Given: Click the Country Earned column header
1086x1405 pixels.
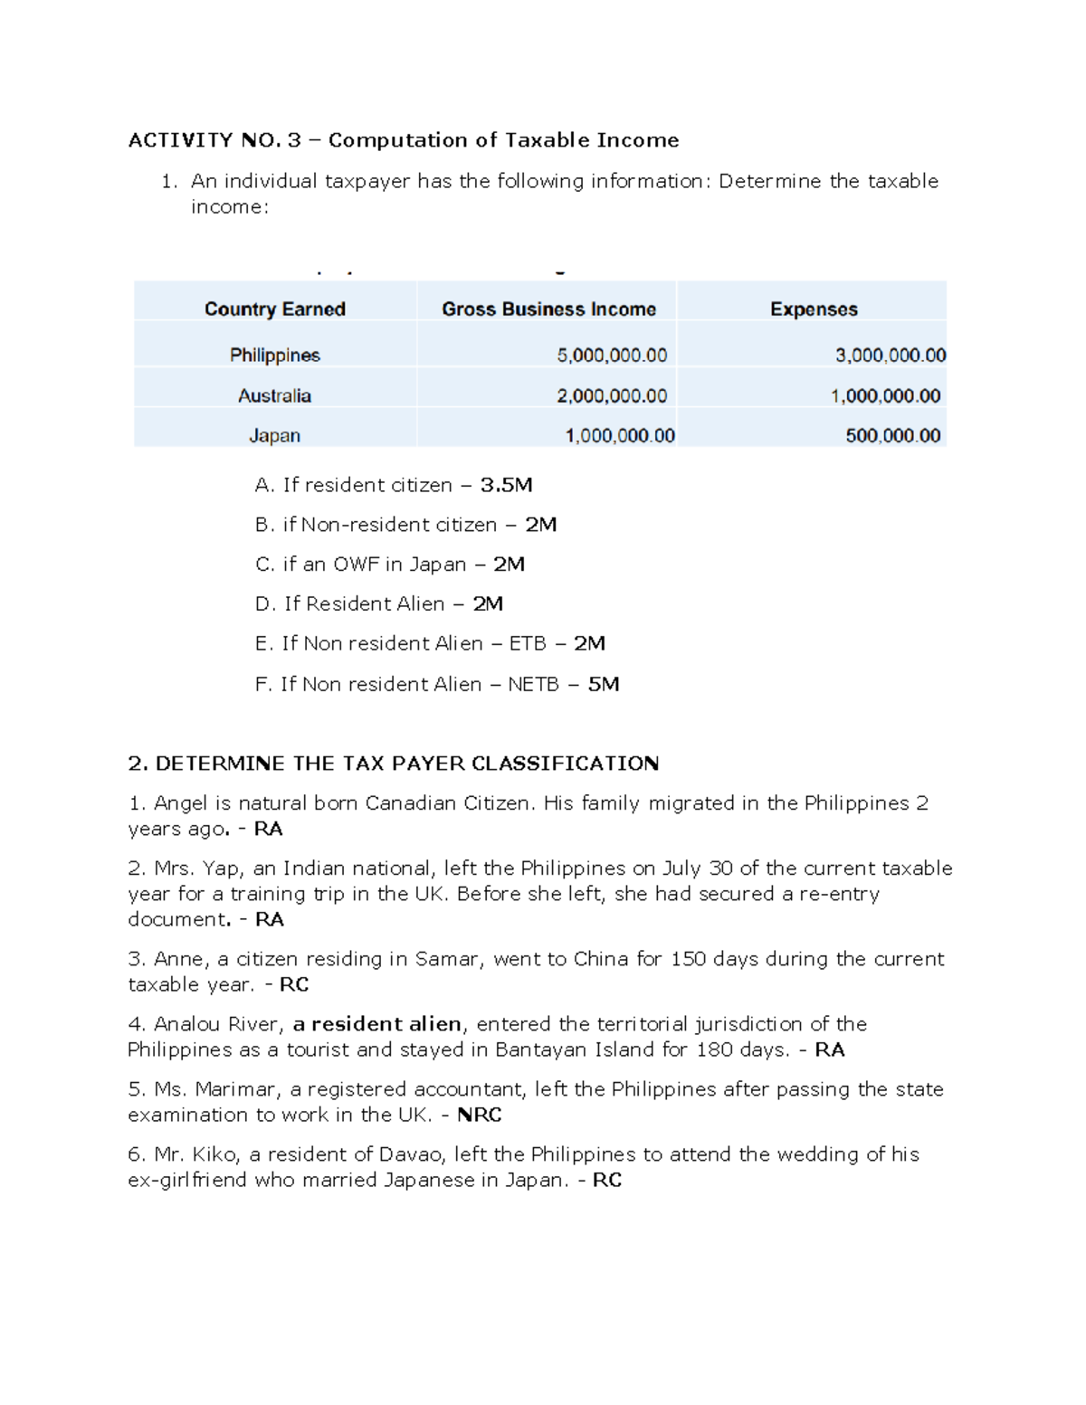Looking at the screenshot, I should click(x=274, y=309).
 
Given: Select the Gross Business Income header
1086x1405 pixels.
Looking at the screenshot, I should click(x=548, y=309).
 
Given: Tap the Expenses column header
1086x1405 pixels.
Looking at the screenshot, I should click(x=813, y=309).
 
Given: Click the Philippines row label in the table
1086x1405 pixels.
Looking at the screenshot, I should click(x=274, y=356).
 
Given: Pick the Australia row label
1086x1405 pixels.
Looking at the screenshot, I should click(x=274, y=396).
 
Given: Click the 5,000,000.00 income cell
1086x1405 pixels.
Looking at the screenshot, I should click(x=612, y=356).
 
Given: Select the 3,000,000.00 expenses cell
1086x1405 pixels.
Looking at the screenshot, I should click(x=890, y=356).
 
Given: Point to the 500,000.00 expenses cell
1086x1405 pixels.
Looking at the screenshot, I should click(x=892, y=436).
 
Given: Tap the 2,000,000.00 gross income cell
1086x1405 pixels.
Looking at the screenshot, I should click(x=612, y=396).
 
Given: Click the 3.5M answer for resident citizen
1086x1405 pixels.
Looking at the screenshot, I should click(x=506, y=486).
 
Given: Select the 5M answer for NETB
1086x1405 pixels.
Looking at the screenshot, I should click(x=604, y=685).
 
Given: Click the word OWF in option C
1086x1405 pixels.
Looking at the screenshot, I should click(x=356, y=565).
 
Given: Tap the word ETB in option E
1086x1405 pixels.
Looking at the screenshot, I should click(x=528, y=644).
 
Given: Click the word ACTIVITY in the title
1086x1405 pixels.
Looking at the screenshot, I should click(x=180, y=140).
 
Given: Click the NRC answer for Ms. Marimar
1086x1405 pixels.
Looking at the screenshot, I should click(x=479, y=1115).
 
